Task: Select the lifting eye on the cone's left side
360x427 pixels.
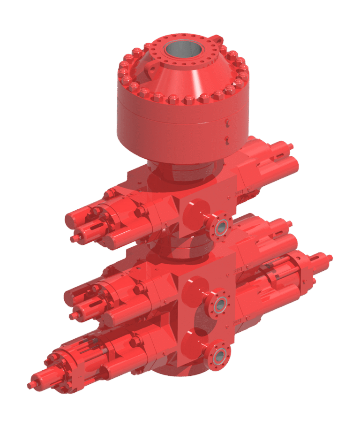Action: click(x=151, y=69)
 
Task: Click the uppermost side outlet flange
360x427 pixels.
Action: click(x=220, y=226)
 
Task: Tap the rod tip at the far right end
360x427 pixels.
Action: click(x=330, y=257)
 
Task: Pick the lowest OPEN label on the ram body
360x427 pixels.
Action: click(x=237, y=320)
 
